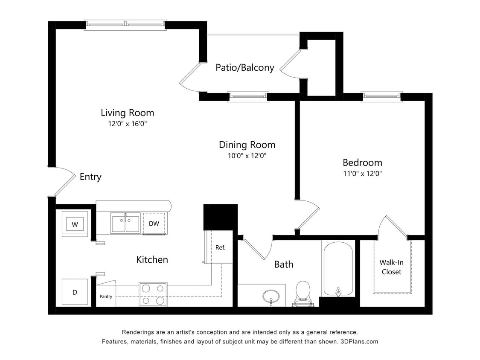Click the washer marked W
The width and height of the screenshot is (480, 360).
pos(75,224)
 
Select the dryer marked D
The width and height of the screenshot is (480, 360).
pos(75,292)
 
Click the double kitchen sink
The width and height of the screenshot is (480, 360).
pos(125,223)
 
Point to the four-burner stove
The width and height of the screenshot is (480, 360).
pos(153,294)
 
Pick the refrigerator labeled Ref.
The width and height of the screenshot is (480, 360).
pos(220,247)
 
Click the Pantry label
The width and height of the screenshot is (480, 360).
pos(106,296)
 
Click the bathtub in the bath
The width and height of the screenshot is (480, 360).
pos(338,269)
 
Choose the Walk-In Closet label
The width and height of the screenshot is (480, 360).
pos(392,267)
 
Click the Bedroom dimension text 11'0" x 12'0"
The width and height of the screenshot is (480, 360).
pos(362,174)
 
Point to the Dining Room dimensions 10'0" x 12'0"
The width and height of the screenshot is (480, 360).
pos(247,156)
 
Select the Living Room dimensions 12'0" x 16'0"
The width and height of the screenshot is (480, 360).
pos(127,124)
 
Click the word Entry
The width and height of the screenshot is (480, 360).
pos(90,177)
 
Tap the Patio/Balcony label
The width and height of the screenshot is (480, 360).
pos(244,67)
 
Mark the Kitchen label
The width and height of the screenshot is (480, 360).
pos(152,259)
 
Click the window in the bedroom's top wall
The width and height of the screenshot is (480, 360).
pos(381,97)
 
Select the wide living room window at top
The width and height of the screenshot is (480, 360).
pos(125,25)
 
